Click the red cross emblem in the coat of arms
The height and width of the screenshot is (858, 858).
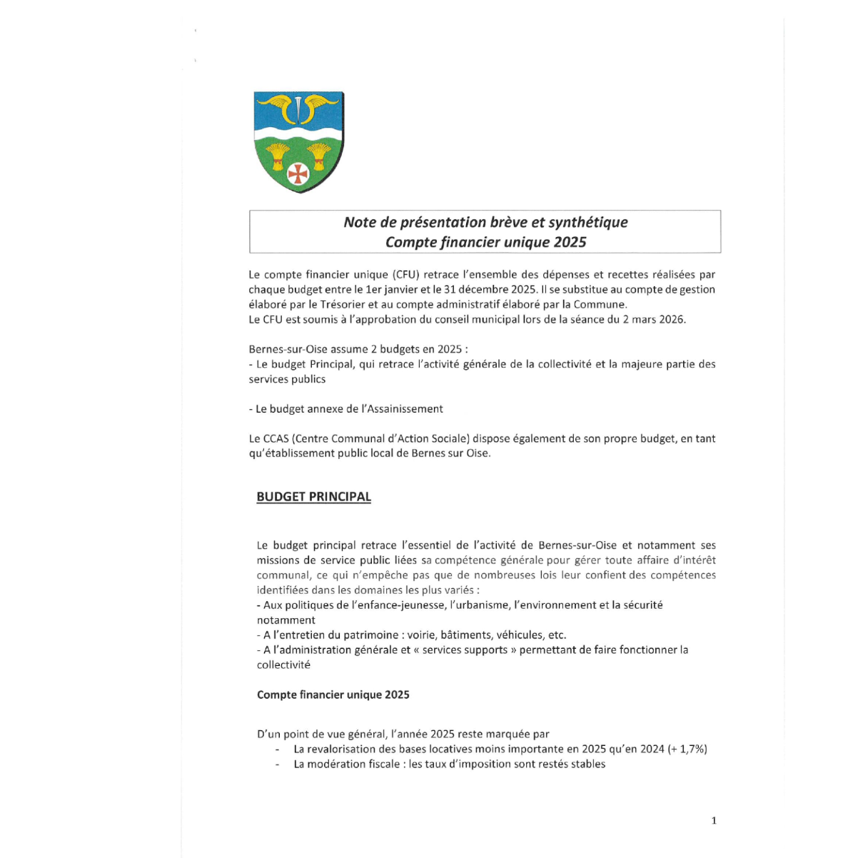(x=298, y=173)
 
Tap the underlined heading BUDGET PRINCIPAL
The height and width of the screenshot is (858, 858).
(x=313, y=497)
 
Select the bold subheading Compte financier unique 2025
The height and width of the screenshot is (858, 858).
(x=333, y=695)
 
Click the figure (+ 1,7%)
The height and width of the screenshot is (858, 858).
(x=687, y=750)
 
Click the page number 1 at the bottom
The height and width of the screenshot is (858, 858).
(x=714, y=821)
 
